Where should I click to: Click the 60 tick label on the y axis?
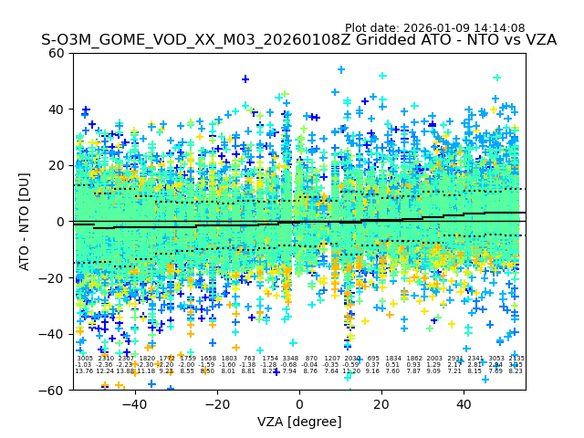pos(57,53)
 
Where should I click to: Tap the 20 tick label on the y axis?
pos(57,165)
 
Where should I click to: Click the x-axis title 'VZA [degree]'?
pos(299,422)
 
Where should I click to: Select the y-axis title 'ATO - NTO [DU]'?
pos(25,221)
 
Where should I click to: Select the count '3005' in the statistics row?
pos(84,359)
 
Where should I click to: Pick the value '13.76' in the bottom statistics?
pos(84,371)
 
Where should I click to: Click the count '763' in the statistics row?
pos(249,359)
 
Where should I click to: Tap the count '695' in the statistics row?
pos(372,359)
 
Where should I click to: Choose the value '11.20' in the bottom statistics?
pos(352,371)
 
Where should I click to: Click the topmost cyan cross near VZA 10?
pos(341,69)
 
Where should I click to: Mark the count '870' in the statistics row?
pos(311,359)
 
